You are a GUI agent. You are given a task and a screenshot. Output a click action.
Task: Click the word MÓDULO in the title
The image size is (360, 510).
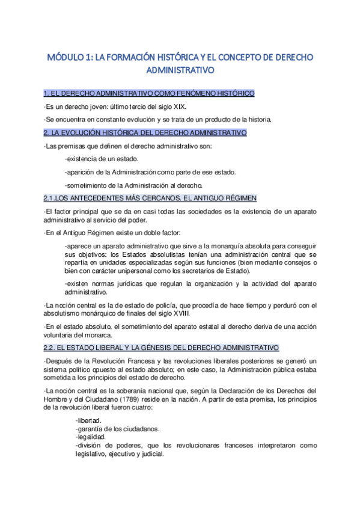[67, 57]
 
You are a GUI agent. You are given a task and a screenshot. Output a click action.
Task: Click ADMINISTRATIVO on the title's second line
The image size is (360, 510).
[180, 70]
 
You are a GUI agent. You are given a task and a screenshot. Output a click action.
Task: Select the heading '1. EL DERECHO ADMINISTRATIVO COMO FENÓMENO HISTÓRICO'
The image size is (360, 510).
[150, 93]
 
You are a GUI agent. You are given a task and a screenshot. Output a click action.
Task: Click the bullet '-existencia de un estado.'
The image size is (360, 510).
[102, 159]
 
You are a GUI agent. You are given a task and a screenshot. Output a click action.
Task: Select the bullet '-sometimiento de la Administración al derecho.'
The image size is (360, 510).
[135, 185]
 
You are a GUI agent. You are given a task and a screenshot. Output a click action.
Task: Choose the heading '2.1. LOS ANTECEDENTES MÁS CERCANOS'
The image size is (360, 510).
[150, 198]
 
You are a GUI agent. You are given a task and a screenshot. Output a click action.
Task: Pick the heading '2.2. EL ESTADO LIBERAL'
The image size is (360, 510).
[161, 348]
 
